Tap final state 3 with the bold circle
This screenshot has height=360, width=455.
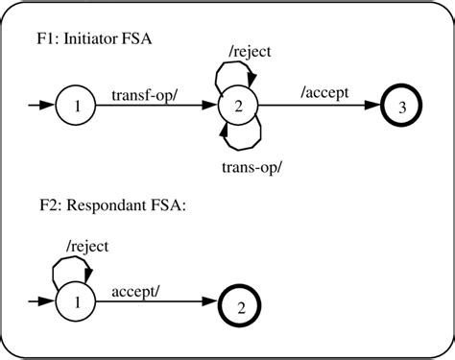pos(402,108)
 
